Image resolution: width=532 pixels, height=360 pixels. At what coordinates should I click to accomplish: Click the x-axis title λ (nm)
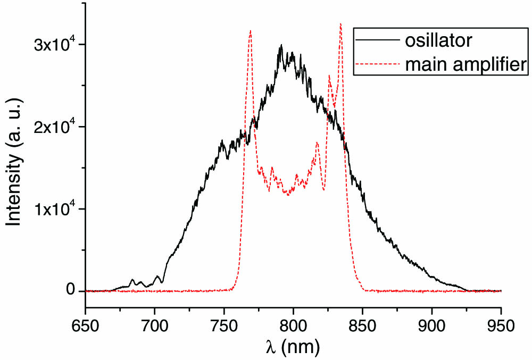293,347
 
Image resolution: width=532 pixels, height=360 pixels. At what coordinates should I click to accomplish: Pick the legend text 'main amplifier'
465,64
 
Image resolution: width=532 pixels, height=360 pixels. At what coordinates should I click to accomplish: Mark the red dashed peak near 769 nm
250,31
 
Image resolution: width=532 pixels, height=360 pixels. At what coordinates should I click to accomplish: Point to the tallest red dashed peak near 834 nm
340,24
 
